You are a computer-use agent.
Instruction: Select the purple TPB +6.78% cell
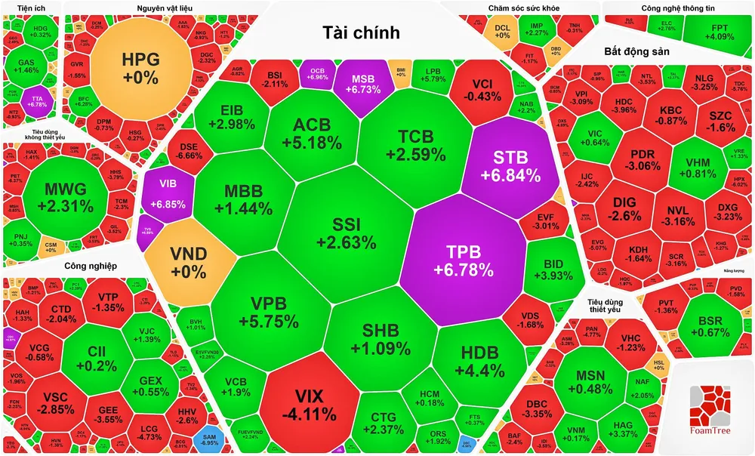pos(464,260)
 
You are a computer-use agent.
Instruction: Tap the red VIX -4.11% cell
pos(309,403)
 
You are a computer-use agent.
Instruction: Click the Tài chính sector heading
pos(361,32)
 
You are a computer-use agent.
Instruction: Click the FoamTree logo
pos(709,408)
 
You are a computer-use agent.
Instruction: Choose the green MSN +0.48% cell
pos(594,381)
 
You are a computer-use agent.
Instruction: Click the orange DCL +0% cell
pos(503,31)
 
